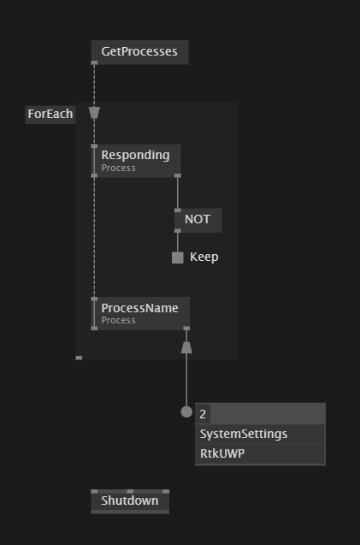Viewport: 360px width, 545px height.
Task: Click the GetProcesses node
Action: [139, 52]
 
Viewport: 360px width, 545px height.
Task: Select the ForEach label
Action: [50, 115]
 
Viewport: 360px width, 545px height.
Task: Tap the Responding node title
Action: [135, 155]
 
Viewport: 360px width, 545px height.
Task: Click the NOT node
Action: [198, 220]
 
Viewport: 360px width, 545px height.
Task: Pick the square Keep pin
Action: [178, 258]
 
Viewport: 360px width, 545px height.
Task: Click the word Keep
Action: [204, 258]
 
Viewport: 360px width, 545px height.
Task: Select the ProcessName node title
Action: [139, 308]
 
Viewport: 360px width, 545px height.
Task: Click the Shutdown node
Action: [130, 501]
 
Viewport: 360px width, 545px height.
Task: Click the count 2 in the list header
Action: [203, 414]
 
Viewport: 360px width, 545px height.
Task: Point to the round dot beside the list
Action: [186, 412]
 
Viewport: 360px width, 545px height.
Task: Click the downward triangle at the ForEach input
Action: [94, 113]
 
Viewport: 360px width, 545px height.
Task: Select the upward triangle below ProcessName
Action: [186, 347]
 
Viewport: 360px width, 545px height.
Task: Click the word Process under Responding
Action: [119, 168]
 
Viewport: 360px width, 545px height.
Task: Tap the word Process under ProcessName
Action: [119, 320]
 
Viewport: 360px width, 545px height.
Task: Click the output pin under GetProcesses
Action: [94, 63]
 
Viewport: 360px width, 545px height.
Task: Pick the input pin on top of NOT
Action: [178, 210]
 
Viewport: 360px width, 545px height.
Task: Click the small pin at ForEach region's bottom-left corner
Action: [79, 358]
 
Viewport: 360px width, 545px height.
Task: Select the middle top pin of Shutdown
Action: [130, 491]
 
